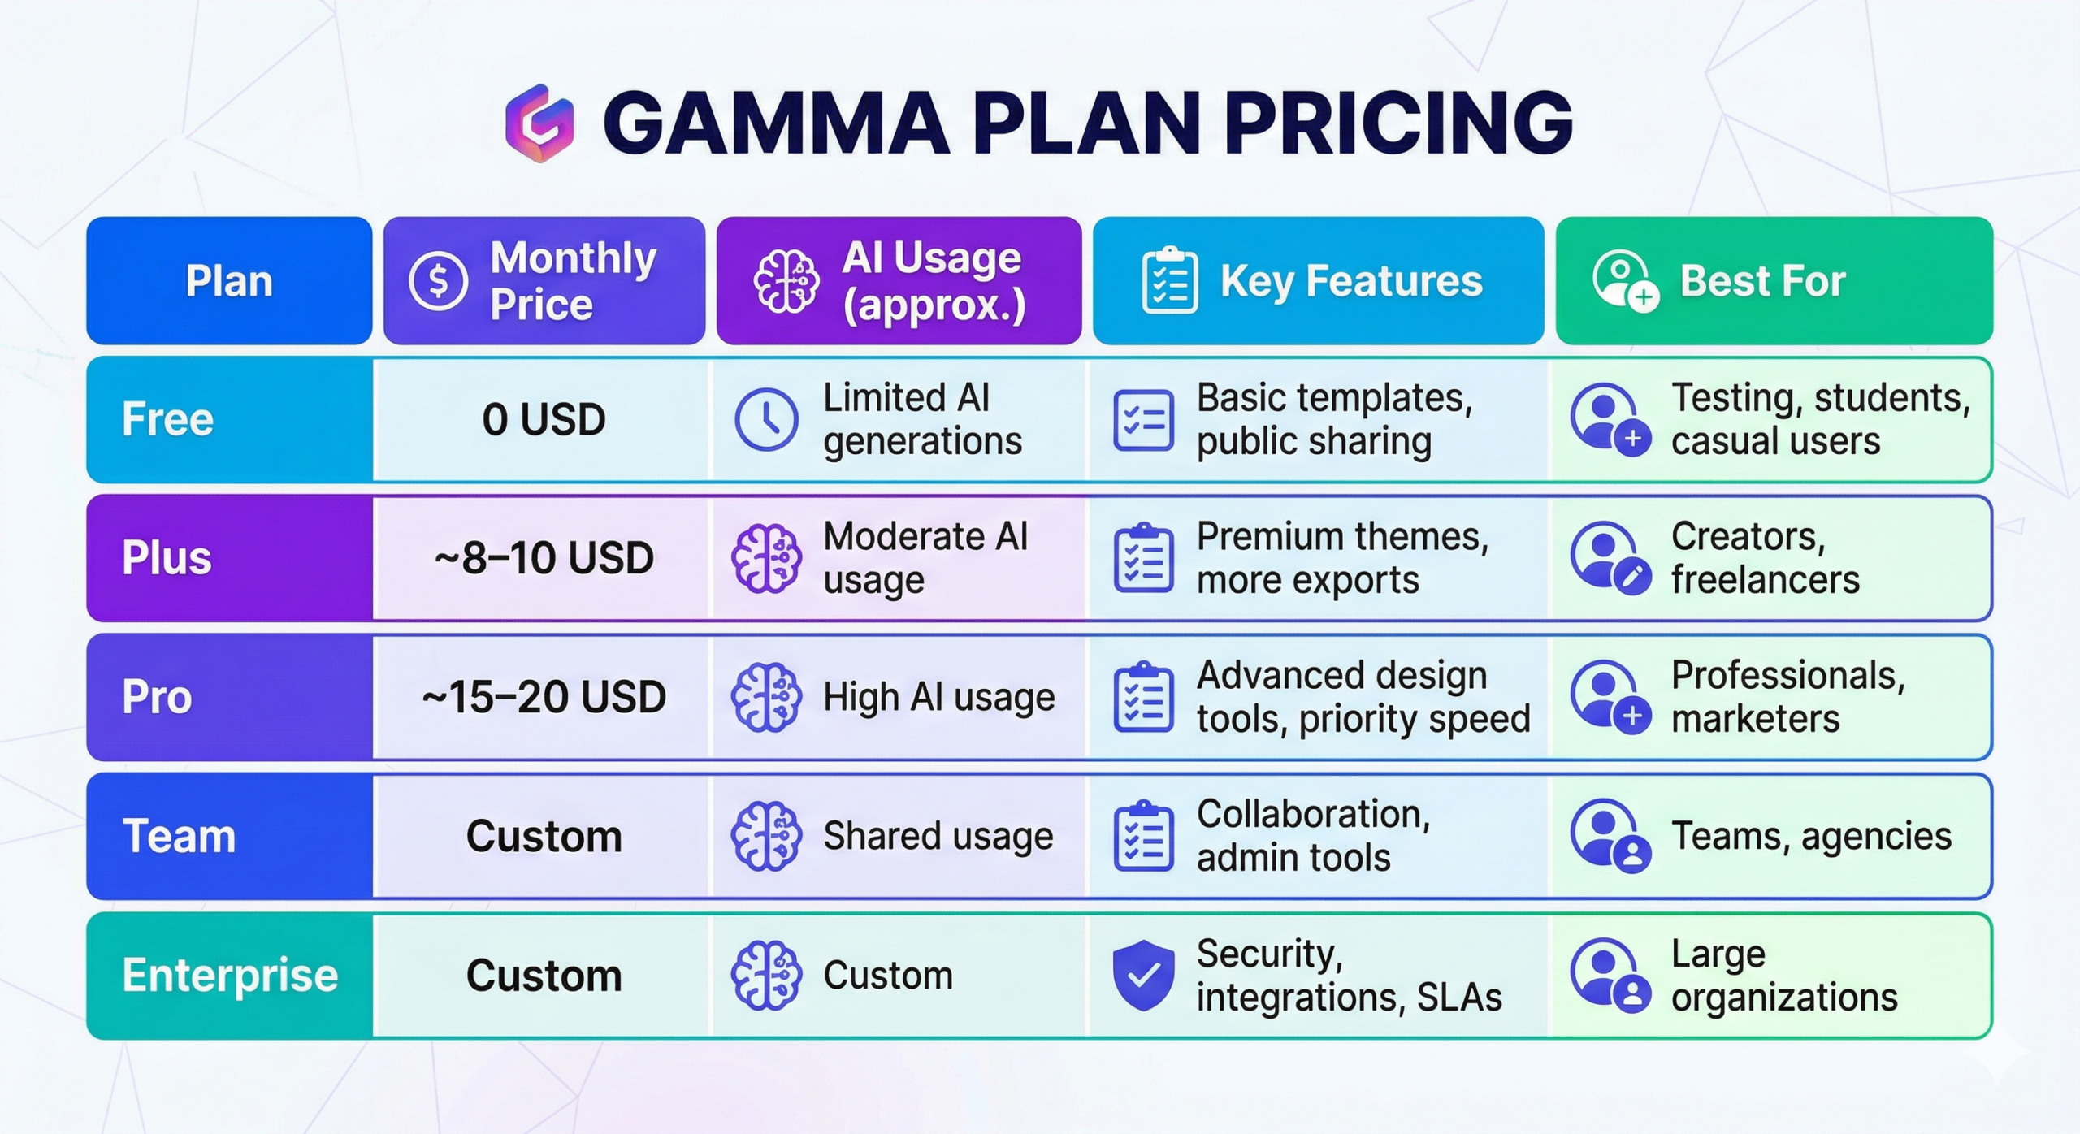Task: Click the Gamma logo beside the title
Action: tap(539, 123)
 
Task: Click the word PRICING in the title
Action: tap(1398, 123)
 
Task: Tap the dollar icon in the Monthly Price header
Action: tap(438, 281)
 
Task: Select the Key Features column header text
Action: tap(1351, 281)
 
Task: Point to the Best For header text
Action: tap(1762, 281)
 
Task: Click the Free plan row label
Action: tap(167, 419)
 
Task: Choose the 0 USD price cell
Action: tap(544, 419)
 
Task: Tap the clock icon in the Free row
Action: tap(766, 420)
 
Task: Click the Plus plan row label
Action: tap(167, 558)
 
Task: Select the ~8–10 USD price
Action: tap(544, 558)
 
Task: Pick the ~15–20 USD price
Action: tap(544, 697)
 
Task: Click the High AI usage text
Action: tap(938, 697)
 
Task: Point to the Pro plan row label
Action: tap(157, 697)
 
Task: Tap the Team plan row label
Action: tap(179, 836)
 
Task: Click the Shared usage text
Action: tap(938, 836)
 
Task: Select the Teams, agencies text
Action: tap(1811, 836)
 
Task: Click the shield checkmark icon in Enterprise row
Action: tap(1143, 975)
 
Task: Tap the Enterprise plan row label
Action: tap(230, 975)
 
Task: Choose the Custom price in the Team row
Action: tap(544, 836)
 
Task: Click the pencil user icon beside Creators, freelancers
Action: tap(1610, 559)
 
